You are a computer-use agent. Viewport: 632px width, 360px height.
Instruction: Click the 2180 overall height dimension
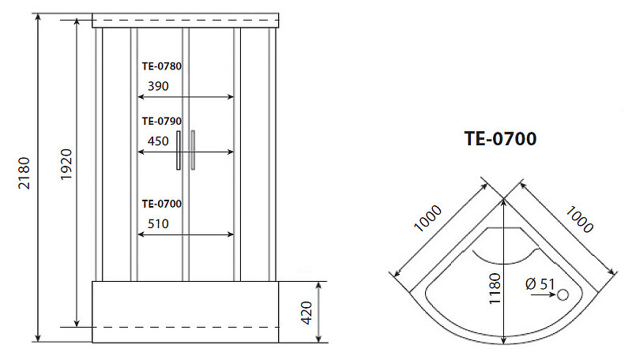[x=24, y=173]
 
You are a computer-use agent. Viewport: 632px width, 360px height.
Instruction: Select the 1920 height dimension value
[x=66, y=164]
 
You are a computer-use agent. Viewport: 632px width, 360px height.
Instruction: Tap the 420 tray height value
[x=307, y=313]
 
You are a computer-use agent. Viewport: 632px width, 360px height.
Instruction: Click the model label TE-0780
[x=162, y=66]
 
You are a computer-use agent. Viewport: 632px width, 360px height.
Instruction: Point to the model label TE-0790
[x=162, y=122]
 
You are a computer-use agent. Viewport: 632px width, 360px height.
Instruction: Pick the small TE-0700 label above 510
[x=162, y=204]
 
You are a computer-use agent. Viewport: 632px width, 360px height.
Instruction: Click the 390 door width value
[x=158, y=86]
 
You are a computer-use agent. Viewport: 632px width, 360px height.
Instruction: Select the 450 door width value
[x=158, y=141]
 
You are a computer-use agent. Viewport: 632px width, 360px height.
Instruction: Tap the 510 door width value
[x=158, y=224]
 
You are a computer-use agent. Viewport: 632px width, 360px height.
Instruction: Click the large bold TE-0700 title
[x=500, y=138]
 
